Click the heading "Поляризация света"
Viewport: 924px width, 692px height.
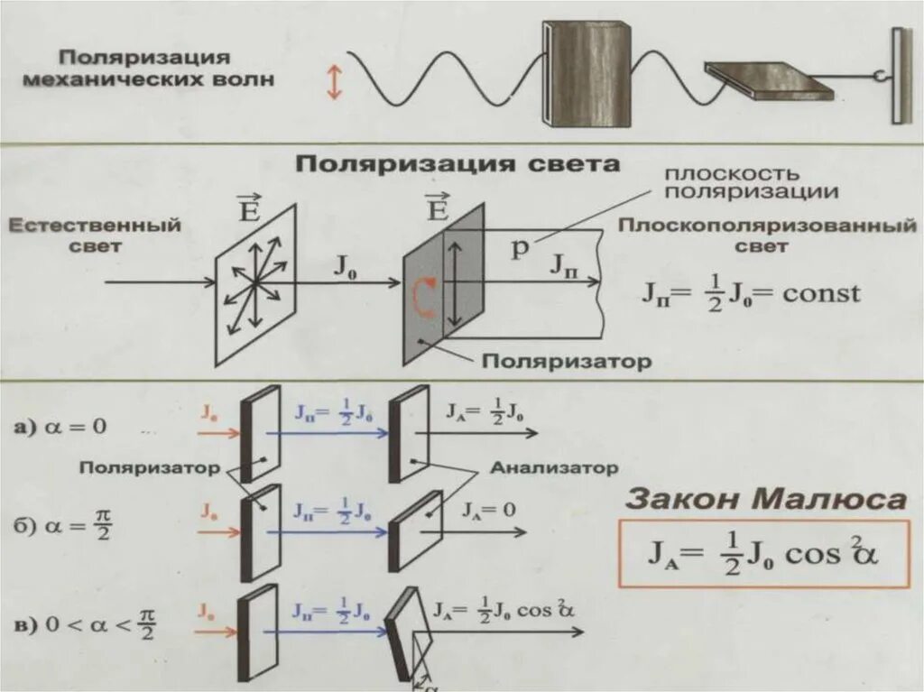tap(459, 164)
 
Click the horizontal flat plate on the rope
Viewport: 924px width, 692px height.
tap(767, 81)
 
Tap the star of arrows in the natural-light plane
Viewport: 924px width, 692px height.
tap(256, 283)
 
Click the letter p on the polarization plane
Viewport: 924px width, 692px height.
tap(519, 250)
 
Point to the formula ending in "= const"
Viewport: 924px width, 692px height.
tap(751, 292)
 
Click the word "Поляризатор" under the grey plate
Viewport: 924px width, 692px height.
tap(565, 362)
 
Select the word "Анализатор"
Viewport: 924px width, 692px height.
tap(555, 468)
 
